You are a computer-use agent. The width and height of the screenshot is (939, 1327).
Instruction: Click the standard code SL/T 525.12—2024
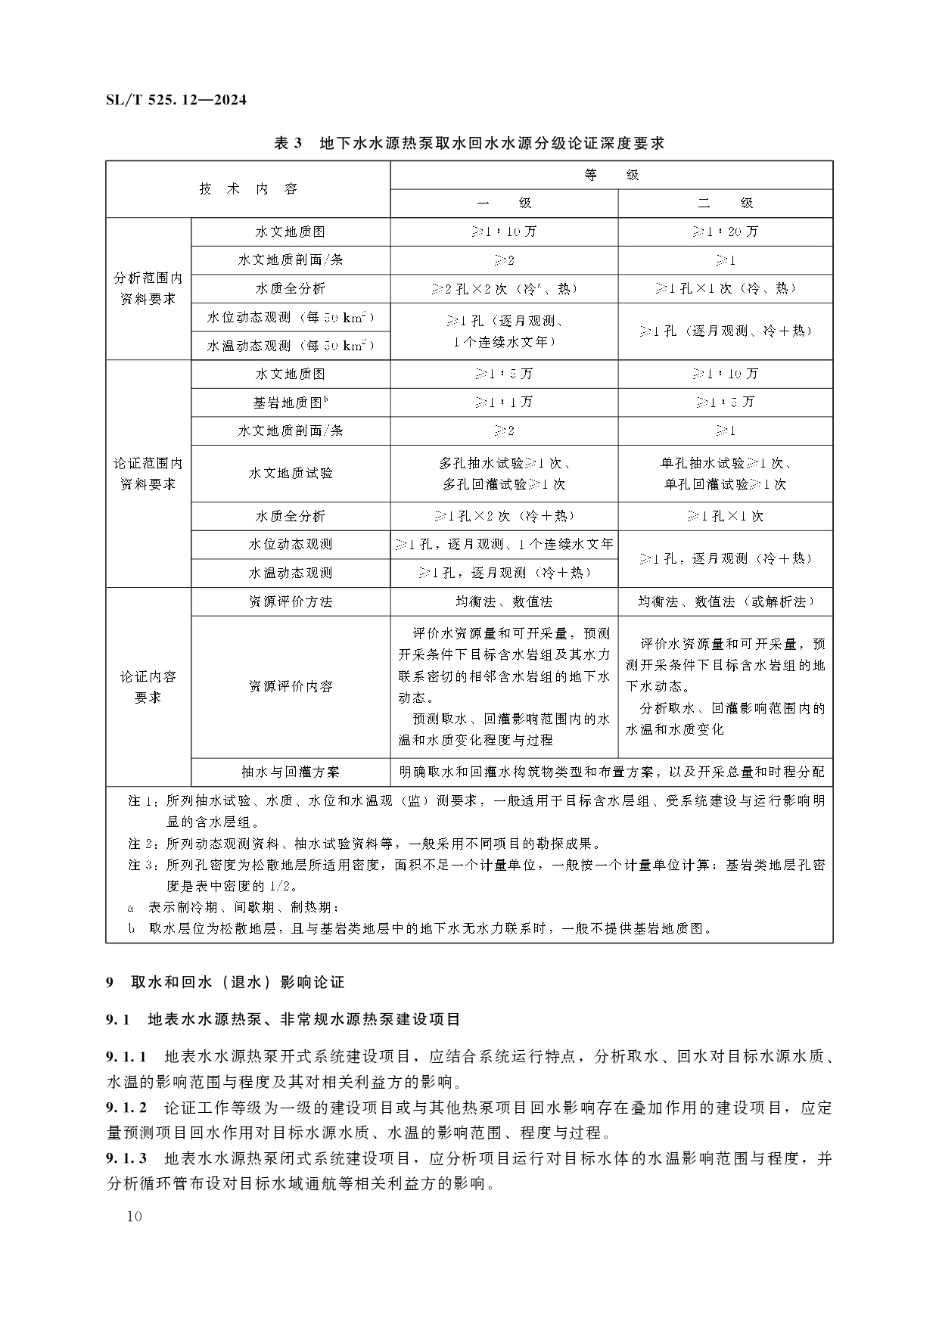176,100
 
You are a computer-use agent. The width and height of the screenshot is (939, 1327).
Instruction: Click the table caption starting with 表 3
469,142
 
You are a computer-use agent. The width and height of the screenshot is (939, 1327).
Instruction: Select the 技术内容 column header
248,189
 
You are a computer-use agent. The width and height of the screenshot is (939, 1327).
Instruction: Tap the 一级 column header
504,203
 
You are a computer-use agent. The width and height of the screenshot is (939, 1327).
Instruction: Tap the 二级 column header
725,203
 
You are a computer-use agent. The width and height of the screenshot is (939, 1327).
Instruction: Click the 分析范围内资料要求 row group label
148,288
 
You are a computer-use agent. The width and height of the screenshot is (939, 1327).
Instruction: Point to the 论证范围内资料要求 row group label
148,473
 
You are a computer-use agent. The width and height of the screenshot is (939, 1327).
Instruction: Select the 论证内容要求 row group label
148,686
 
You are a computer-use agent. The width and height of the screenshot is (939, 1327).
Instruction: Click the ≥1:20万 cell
725,232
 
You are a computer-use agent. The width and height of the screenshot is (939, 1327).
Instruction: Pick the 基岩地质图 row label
291,402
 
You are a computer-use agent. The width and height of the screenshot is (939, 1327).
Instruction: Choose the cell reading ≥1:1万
504,402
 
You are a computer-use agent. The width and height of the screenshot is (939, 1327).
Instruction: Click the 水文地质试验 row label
291,473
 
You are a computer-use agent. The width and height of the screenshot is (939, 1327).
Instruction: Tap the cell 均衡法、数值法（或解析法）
725,601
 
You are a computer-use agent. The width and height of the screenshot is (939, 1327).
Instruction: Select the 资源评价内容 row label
291,686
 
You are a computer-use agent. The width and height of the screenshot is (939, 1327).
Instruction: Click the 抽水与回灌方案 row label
291,772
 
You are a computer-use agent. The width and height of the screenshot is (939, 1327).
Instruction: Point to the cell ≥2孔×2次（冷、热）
504,288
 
